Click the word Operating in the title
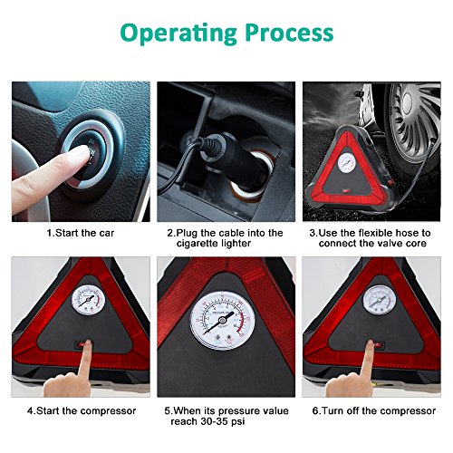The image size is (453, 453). [x=178, y=34]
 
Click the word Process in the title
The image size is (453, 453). [x=289, y=33]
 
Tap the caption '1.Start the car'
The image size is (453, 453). [x=81, y=233]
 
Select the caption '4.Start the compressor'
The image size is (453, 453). [x=82, y=411]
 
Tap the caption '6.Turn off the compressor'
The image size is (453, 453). [x=374, y=411]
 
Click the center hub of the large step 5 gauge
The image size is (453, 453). [x=223, y=320]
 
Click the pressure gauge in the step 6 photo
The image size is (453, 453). [x=380, y=301]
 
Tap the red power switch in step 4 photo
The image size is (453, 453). [x=84, y=344]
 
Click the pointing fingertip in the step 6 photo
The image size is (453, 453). [x=369, y=344]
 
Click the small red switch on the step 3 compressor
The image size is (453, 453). [x=346, y=191]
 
